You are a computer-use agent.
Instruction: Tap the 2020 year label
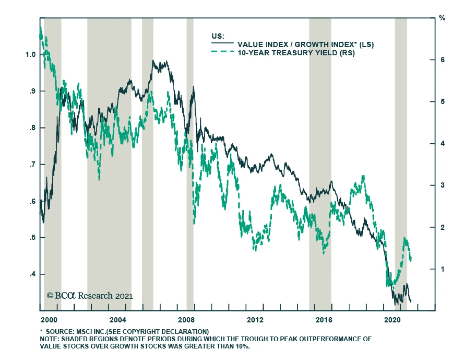(392, 320)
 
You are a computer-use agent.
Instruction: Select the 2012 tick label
(255, 320)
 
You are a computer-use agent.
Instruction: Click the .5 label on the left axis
(32, 237)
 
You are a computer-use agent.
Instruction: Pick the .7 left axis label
(32, 164)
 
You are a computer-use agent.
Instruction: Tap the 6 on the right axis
(442, 60)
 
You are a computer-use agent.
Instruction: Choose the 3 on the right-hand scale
(442, 185)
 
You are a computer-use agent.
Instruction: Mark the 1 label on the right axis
(442, 269)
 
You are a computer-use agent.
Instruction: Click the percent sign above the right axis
(442, 18)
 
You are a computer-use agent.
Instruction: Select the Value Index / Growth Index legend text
(305, 45)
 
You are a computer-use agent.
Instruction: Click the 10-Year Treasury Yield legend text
(296, 53)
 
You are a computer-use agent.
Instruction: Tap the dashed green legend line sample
(222, 52)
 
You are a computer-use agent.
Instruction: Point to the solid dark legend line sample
(222, 43)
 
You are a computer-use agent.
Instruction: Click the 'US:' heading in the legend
(218, 36)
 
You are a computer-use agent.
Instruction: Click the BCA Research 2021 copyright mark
(90, 296)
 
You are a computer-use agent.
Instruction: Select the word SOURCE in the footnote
(58, 331)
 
